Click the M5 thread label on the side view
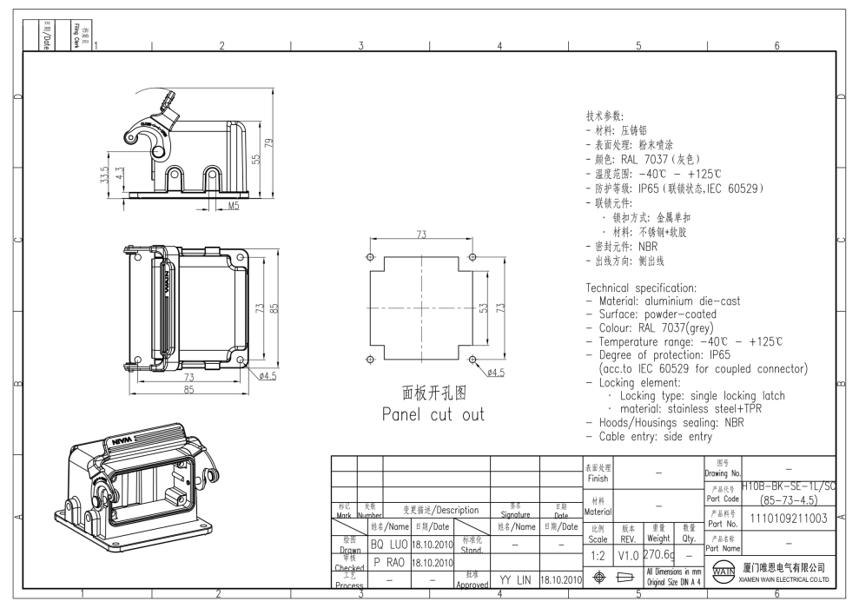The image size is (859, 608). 233,206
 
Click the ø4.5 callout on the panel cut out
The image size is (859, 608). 496,372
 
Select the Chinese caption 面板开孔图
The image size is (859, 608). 433,393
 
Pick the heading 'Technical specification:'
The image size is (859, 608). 641,287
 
